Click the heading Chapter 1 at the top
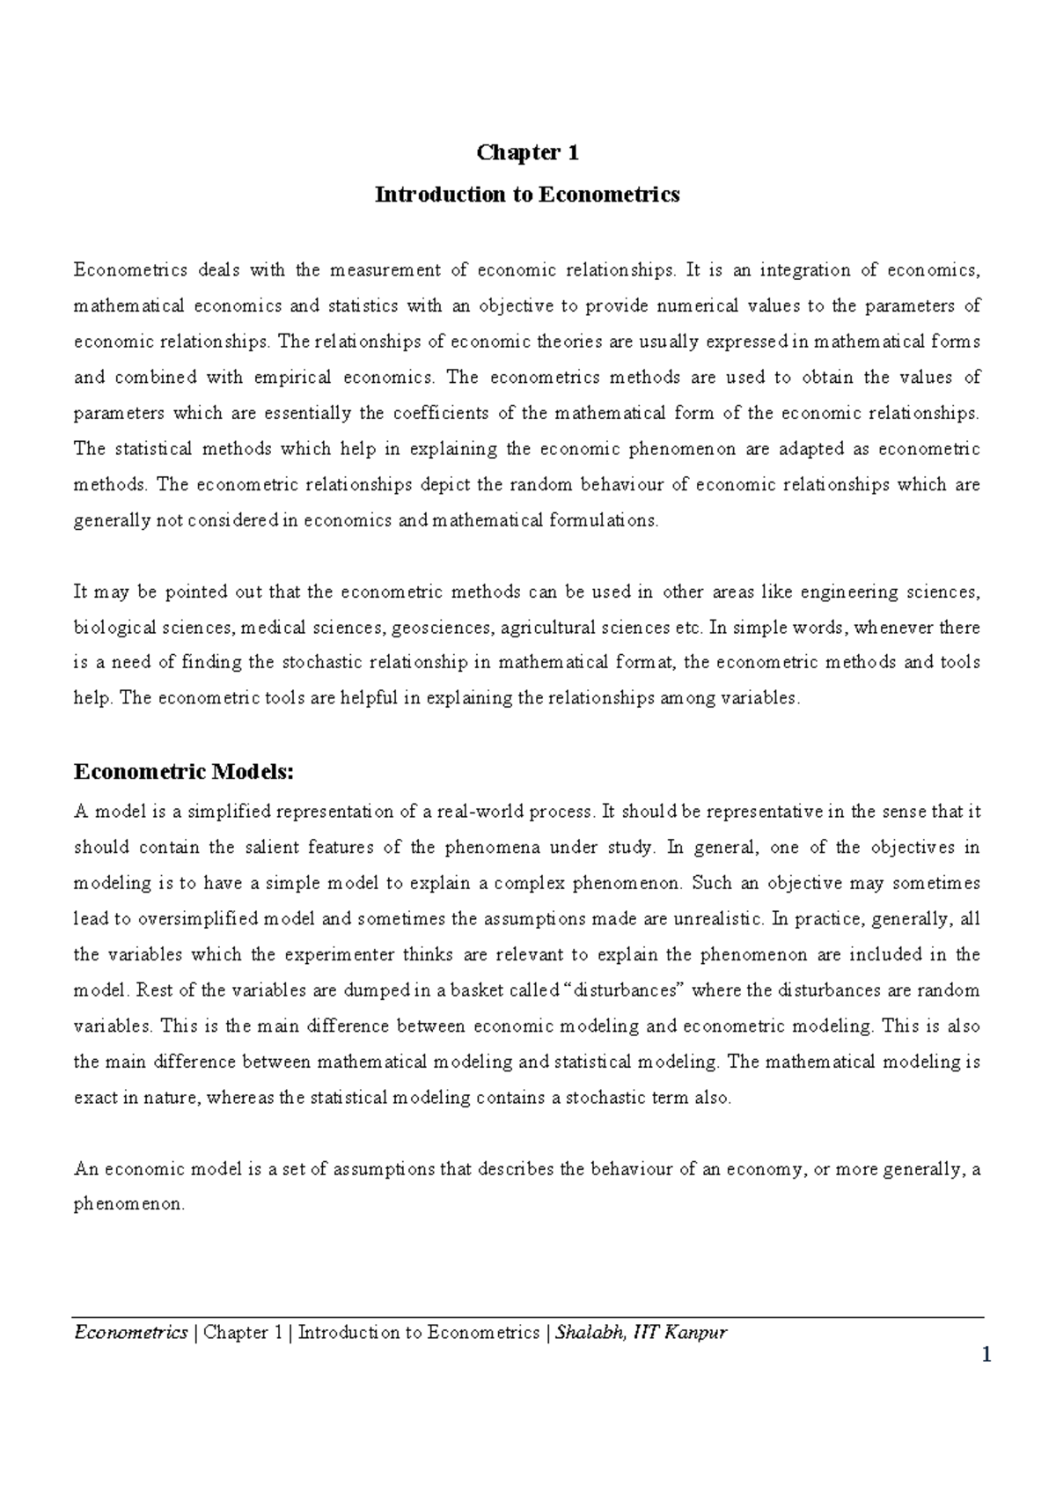tap(527, 153)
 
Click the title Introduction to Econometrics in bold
tap(527, 195)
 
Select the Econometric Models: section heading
tap(182, 772)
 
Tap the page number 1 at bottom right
tap(986, 1355)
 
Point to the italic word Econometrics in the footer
tap(130, 1332)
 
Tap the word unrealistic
tap(718, 919)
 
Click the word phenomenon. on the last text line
tap(129, 1204)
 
